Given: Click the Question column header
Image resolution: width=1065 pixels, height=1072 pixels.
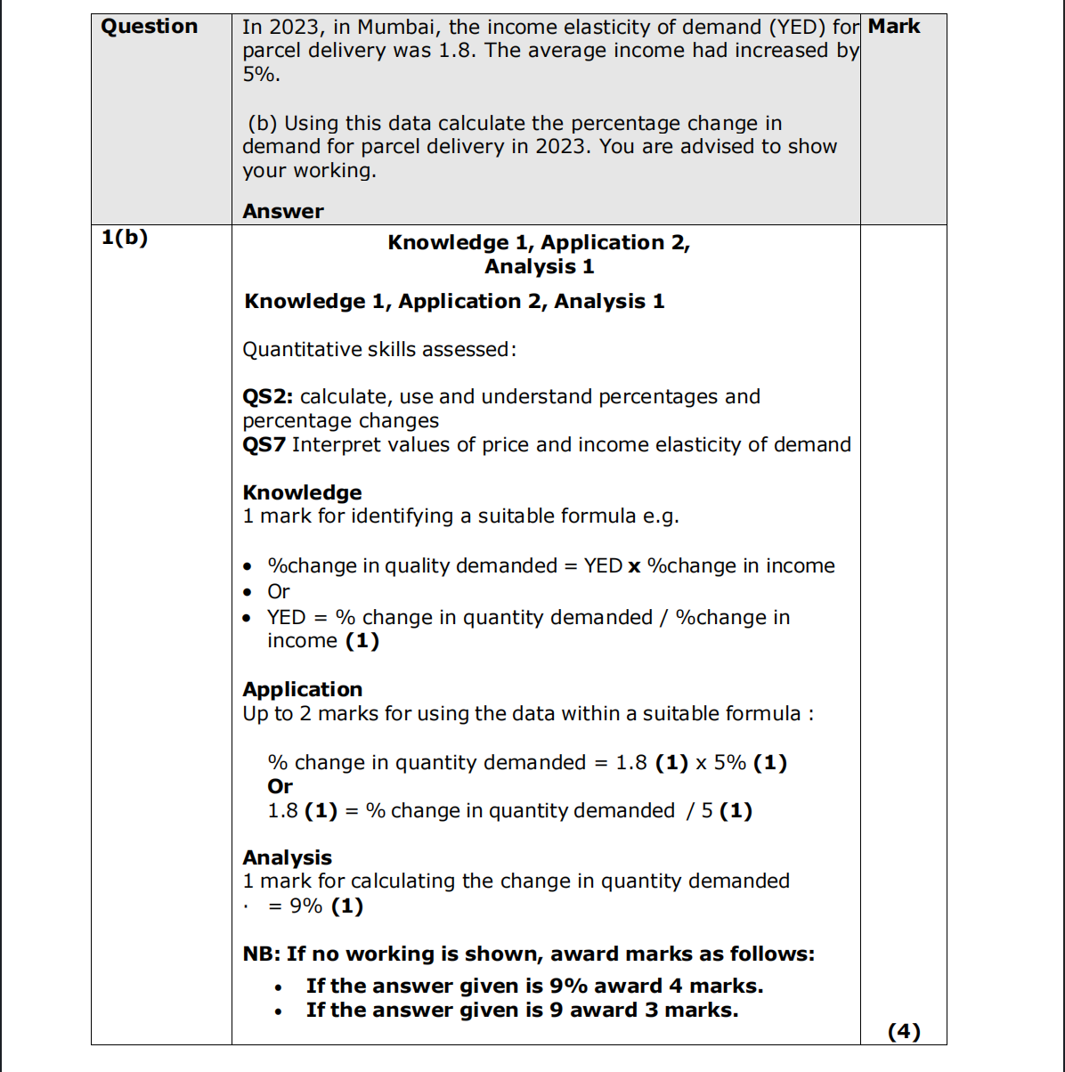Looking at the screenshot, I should pyautogui.click(x=149, y=27).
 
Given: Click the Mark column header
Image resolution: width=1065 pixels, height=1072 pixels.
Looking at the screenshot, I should pyautogui.click(x=894, y=27).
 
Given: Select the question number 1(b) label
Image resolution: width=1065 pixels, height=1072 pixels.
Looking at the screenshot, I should pyautogui.click(x=125, y=238).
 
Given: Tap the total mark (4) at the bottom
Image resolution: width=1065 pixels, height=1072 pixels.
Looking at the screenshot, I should pyautogui.click(x=904, y=1031).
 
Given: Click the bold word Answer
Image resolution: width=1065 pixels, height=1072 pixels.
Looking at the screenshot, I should pyautogui.click(x=283, y=212).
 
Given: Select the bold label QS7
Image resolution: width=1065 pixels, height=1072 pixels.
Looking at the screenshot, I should pyautogui.click(x=264, y=444).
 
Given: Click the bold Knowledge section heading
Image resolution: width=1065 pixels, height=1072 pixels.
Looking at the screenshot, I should pyautogui.click(x=302, y=492).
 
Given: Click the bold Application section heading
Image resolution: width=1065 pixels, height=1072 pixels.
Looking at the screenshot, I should pyautogui.click(x=302, y=689).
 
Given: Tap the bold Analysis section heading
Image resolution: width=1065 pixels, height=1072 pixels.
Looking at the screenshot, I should pyautogui.click(x=287, y=857).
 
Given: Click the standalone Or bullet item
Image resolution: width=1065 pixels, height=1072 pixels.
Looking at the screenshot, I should pyautogui.click(x=279, y=591).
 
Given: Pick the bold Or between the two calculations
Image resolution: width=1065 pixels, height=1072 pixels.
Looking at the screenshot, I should pyautogui.click(x=280, y=786).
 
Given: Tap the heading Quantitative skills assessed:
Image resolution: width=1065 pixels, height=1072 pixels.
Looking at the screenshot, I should pyautogui.click(x=379, y=350).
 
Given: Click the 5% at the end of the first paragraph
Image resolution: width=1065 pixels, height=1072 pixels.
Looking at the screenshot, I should pyautogui.click(x=260, y=75).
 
